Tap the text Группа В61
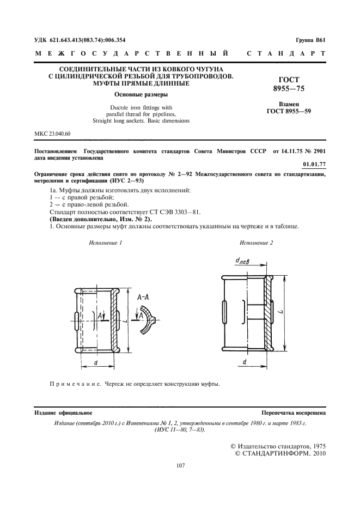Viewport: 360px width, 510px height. pos(310,40)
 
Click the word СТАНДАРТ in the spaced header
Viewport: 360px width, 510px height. pos(286,54)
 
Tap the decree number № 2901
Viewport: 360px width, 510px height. pos(314,150)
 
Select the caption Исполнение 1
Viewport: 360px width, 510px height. pos(105,242)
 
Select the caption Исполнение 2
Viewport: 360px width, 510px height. pos(256,242)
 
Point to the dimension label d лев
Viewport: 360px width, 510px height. pos(242,261)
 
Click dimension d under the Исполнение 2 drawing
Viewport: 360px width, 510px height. pos(245,361)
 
